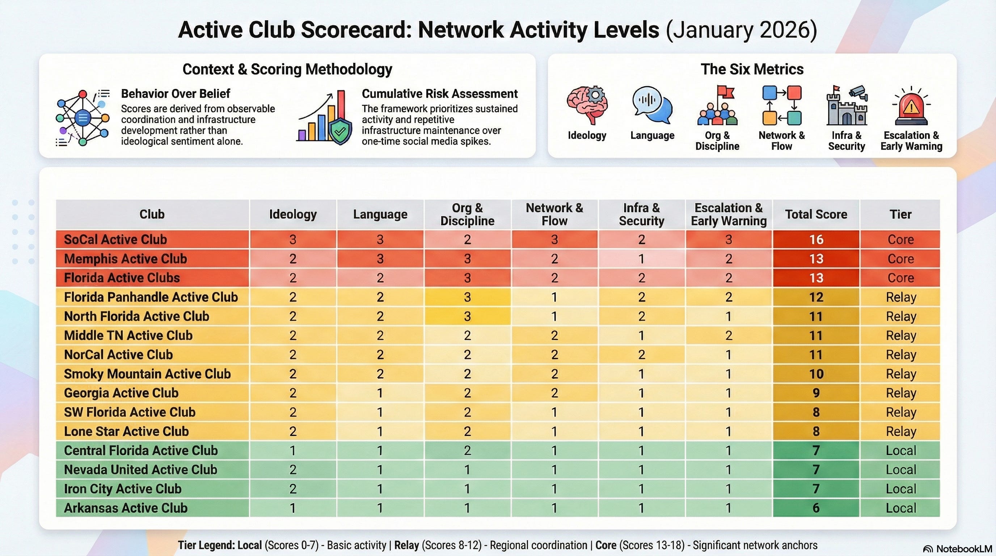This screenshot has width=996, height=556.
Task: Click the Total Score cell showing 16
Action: click(x=816, y=239)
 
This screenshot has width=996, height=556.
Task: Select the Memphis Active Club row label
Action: click(x=125, y=259)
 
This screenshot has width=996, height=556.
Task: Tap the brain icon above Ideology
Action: click(x=587, y=105)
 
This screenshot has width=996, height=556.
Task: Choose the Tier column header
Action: click(x=900, y=214)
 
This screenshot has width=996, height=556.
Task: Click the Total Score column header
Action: click(x=816, y=214)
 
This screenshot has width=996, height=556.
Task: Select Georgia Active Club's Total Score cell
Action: click(x=816, y=393)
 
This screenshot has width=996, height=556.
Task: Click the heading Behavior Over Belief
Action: click(x=176, y=93)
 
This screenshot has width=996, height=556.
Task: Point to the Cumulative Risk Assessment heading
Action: click(x=440, y=93)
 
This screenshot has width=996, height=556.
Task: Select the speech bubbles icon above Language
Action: click(x=652, y=105)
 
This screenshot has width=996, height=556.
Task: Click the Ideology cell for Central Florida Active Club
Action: click(x=293, y=450)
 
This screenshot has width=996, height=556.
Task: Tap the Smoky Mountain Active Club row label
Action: click(x=147, y=374)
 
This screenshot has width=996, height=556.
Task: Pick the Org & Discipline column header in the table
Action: click(x=467, y=214)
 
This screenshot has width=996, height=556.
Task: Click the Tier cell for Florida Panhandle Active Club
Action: click(x=900, y=297)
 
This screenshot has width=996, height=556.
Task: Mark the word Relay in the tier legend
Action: click(x=406, y=545)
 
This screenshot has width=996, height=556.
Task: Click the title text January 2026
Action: click(x=741, y=30)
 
